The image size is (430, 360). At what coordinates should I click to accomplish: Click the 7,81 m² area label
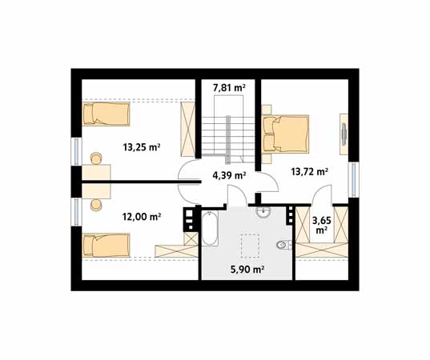tap(229, 88)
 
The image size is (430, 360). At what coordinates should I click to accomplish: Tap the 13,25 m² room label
tap(141, 147)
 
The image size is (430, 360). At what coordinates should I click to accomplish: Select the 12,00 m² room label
tap(141, 217)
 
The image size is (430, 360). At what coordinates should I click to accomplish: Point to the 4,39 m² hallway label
tap(229, 174)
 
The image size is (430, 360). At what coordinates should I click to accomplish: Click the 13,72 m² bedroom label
tap(310, 172)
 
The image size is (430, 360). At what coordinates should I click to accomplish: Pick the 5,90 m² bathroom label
tap(247, 270)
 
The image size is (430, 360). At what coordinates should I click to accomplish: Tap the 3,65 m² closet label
tap(322, 226)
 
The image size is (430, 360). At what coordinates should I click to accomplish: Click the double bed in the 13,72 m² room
tap(286, 134)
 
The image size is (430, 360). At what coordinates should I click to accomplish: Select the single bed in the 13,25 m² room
tap(106, 114)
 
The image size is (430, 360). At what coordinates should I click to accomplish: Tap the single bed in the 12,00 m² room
tap(106, 246)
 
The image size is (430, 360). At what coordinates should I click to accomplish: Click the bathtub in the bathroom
tap(210, 228)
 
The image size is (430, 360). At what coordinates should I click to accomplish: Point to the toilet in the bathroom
tap(284, 245)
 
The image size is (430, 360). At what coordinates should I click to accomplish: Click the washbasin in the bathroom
tap(263, 212)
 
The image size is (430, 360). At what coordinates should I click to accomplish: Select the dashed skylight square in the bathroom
tap(250, 246)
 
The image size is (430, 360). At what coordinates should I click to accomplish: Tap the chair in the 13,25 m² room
tap(96, 158)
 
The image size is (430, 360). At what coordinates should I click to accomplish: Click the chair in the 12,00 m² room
tap(96, 205)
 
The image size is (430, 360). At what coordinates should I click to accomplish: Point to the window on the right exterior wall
tap(354, 179)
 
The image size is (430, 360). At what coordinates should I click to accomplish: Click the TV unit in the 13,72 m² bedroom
tap(344, 134)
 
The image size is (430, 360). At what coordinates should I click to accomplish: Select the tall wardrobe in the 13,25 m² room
tap(188, 129)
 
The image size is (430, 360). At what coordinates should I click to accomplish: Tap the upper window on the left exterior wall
tap(76, 151)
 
